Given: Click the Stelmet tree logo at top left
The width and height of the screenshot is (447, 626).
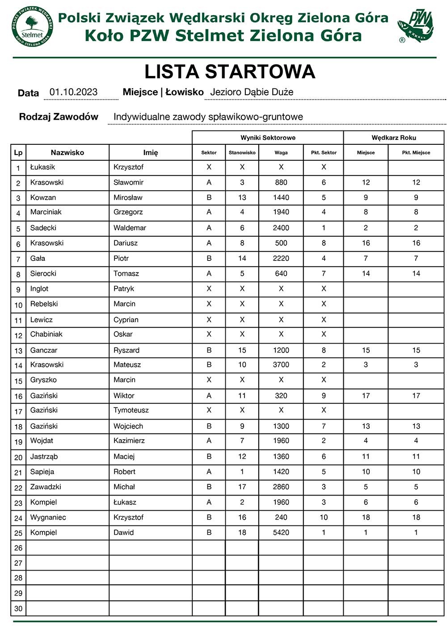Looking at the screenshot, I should (33, 26).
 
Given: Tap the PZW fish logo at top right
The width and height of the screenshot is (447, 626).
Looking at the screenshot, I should (415, 26).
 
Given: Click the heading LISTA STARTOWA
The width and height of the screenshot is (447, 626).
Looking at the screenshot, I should (230, 72).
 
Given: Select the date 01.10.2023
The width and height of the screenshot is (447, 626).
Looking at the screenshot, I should (73, 92).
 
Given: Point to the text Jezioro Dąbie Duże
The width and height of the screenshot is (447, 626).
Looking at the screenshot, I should (252, 92).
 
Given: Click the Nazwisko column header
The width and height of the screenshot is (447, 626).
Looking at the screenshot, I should (67, 152).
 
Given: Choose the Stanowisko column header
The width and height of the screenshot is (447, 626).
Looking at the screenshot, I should (242, 152).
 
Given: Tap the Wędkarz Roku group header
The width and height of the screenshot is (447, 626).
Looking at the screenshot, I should (393, 138).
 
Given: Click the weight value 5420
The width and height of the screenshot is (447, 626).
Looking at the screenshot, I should (281, 533).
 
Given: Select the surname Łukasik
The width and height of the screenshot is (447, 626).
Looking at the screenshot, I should (42, 167).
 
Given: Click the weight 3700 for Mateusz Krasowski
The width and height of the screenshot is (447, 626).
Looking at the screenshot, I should (281, 365).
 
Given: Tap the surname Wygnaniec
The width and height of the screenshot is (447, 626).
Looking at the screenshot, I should (48, 517).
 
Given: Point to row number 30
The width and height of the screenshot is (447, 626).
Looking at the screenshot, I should (18, 609).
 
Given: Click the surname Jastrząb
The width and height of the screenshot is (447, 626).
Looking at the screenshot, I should (44, 457).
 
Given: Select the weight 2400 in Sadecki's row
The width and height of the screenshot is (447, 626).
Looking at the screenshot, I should (281, 228).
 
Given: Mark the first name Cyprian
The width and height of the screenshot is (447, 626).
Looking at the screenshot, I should (126, 320).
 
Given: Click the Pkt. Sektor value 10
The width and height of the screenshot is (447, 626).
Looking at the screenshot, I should (324, 517).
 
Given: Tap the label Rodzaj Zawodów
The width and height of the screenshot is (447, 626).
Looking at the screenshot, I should (59, 117).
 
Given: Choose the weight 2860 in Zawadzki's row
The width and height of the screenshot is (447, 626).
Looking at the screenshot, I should (281, 487).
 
